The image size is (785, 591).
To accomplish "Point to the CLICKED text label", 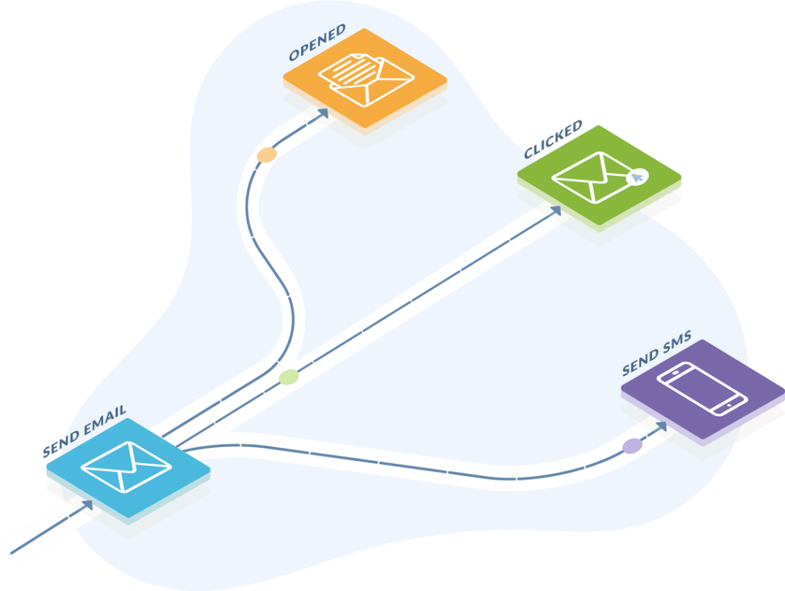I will click(553, 140).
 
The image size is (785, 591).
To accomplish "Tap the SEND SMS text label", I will click(656, 357).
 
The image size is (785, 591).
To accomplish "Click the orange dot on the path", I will click(267, 155).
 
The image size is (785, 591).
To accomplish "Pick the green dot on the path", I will click(289, 377).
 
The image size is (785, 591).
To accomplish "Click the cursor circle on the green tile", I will click(637, 176).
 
